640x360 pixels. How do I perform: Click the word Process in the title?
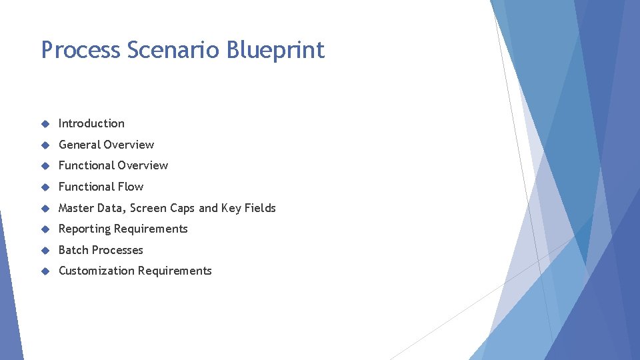(x=80, y=50)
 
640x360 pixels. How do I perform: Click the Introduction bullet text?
(x=91, y=123)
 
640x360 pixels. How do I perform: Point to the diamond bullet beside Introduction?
(x=45, y=124)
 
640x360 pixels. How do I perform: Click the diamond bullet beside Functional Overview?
(x=45, y=166)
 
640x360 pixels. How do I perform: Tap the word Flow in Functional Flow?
(x=131, y=187)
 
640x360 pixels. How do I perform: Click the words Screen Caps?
(x=163, y=208)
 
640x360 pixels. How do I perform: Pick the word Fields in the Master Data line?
(x=259, y=208)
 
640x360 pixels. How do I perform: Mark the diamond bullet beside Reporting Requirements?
(x=45, y=229)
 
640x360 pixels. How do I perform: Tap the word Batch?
(x=73, y=250)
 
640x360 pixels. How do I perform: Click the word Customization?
(x=96, y=271)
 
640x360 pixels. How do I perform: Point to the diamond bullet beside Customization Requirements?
(x=45, y=271)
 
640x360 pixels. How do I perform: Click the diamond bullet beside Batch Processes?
(x=45, y=251)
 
